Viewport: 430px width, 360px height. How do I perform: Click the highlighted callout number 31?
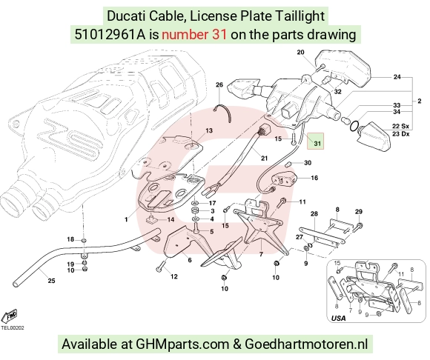point(317,144)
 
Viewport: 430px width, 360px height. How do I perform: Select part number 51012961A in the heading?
point(110,35)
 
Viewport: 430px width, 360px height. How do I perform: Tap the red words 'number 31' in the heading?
point(194,35)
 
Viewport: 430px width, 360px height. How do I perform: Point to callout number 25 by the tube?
point(52,281)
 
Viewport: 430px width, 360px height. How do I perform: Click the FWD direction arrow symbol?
point(10,317)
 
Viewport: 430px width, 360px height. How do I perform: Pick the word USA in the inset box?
point(338,319)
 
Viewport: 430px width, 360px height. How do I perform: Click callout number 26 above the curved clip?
point(219,85)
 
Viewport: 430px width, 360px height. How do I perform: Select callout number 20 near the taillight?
point(301,52)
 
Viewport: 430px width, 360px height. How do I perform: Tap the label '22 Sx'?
point(400,127)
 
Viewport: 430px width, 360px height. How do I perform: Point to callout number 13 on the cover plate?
point(209,130)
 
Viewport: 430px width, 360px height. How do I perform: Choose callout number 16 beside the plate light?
point(314,178)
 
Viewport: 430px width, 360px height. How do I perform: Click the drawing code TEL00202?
point(13,328)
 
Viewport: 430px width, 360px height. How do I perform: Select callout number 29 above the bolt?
point(359,212)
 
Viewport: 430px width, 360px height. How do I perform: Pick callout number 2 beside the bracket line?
point(420,101)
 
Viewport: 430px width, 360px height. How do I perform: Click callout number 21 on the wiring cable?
point(264,159)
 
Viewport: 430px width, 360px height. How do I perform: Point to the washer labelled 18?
point(84,241)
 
